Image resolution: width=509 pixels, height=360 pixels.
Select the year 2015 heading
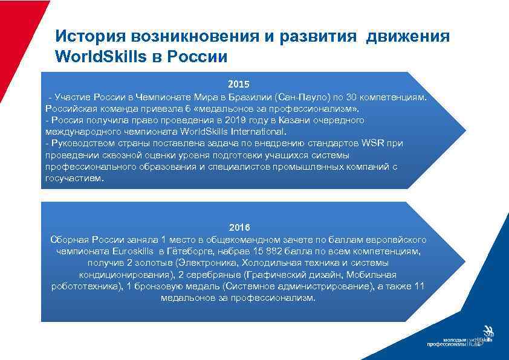pyautogui.click(x=238, y=84)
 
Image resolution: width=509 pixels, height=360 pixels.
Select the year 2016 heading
pyautogui.click(x=239, y=227)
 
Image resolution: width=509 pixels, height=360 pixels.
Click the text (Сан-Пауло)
pyautogui.click(x=296, y=97)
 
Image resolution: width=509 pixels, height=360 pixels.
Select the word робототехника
pyautogui.click(x=86, y=286)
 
